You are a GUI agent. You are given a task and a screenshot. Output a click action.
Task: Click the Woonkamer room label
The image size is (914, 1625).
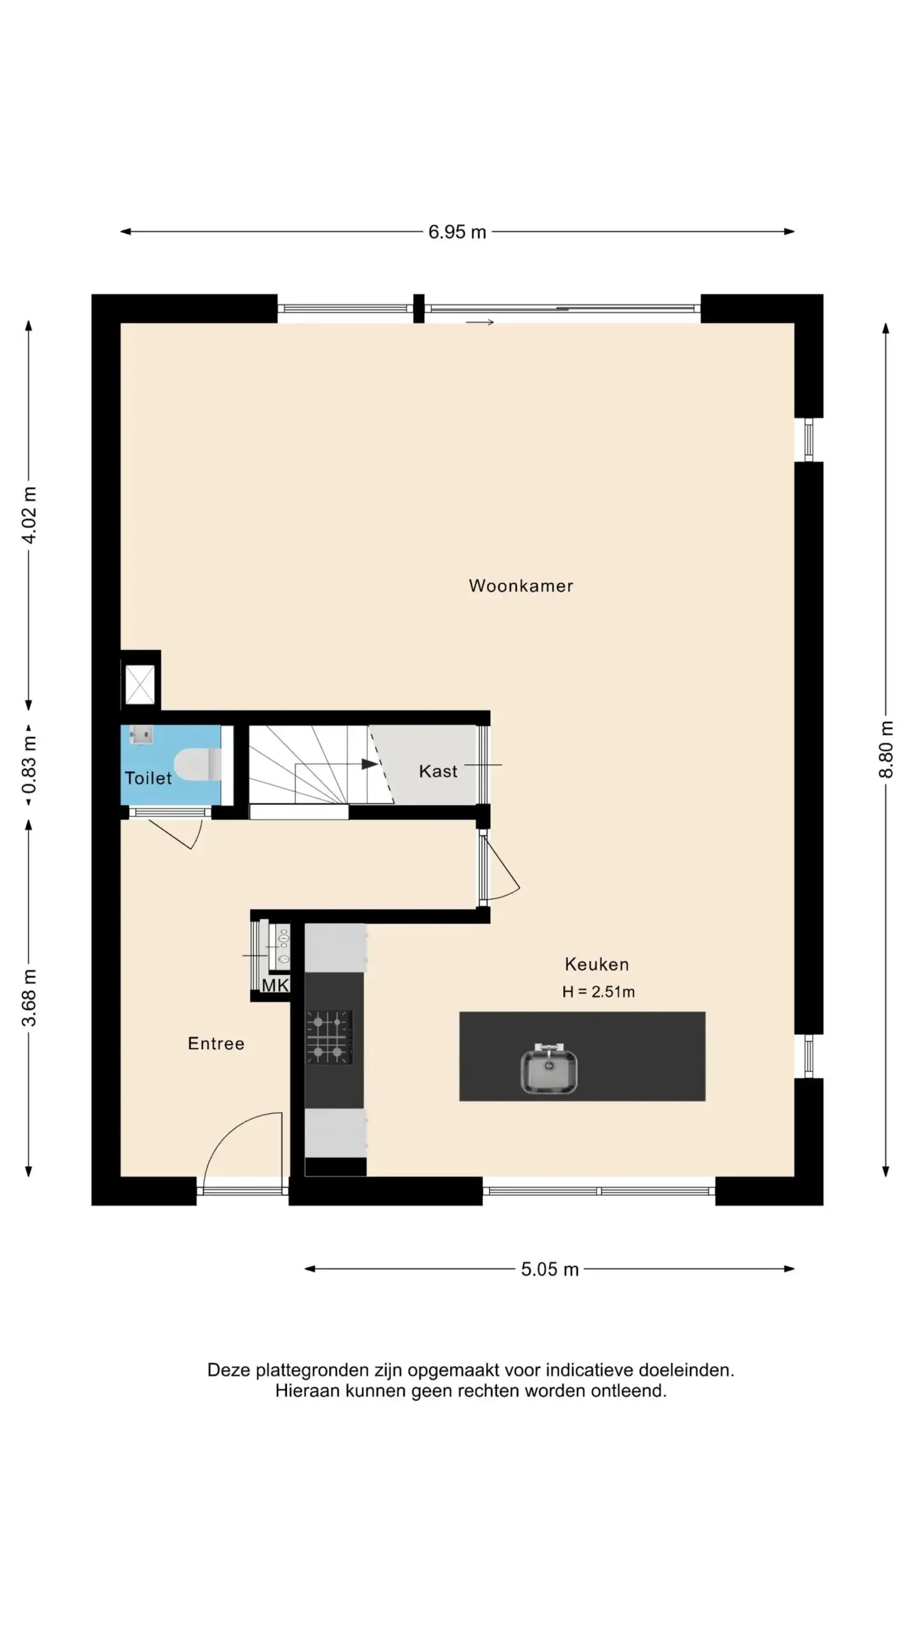tap(520, 586)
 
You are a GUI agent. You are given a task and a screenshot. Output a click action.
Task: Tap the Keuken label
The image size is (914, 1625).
tap(597, 964)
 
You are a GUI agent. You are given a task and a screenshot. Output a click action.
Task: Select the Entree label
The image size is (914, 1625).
tap(216, 1044)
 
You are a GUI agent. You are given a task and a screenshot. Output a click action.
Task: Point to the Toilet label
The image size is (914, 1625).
tap(148, 778)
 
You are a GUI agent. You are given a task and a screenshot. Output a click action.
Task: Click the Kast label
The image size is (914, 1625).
tap(438, 771)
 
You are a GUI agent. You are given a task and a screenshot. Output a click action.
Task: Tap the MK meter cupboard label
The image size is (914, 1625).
tap(275, 985)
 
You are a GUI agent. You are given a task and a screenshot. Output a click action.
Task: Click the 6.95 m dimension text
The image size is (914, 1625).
tap(457, 232)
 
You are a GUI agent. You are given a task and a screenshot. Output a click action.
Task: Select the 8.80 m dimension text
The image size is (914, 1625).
tap(886, 749)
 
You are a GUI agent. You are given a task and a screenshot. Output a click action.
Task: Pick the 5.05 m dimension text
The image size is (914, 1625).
tap(550, 1269)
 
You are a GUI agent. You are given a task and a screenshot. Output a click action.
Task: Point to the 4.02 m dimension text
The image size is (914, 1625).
tap(29, 515)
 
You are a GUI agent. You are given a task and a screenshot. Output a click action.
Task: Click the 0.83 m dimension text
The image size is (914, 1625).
tap(29, 765)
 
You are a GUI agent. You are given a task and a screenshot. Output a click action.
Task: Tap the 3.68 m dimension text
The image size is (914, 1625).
tap(29, 998)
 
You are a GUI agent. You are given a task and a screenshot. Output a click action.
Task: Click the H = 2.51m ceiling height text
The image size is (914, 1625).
tap(598, 992)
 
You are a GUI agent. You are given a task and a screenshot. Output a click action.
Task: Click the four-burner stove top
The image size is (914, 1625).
tap(329, 1037)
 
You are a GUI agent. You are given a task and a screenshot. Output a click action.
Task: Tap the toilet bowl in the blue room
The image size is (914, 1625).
tap(197, 764)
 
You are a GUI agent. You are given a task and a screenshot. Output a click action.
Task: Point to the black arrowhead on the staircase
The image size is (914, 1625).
tap(369, 764)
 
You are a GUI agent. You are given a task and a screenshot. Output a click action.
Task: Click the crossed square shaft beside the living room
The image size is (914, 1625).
tap(140, 684)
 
